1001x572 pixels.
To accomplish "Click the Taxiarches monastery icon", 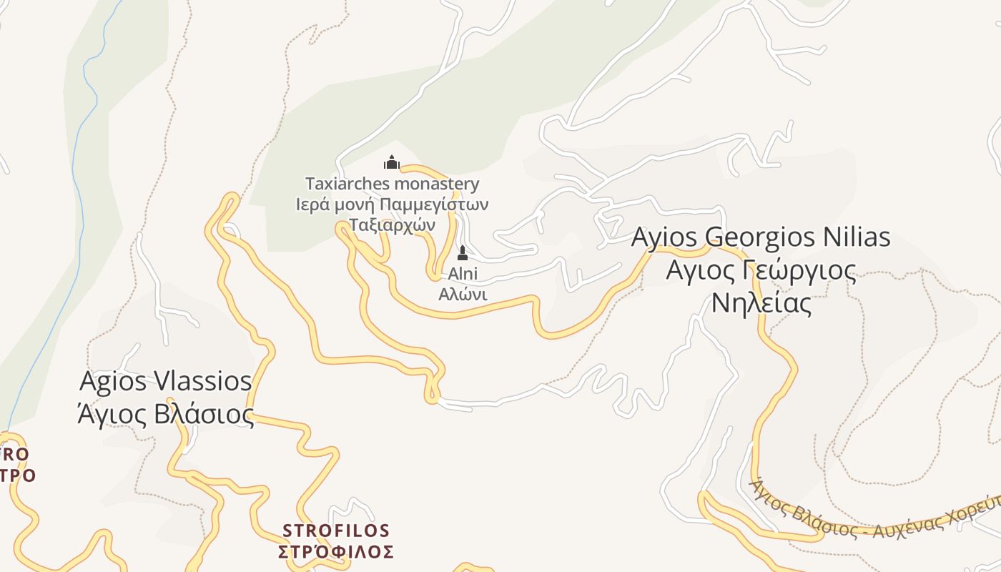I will point(391,162).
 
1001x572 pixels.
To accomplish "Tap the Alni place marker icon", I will point(463,253).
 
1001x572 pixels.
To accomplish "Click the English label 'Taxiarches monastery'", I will point(392,184).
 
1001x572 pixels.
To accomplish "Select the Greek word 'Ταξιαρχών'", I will point(392,224).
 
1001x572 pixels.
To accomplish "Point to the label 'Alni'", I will point(463,274).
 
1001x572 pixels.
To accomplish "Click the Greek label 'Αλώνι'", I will point(463,294).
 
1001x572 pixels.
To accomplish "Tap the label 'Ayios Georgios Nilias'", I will point(761,237).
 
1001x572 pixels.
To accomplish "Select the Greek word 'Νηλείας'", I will point(761,303).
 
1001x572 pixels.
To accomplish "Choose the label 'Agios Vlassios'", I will point(165,381).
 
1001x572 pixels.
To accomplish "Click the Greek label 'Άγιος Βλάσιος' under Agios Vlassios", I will point(165,414).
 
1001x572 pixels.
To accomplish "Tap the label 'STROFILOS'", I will point(336,531).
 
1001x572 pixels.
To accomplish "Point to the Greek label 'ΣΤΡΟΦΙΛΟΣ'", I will point(336,551).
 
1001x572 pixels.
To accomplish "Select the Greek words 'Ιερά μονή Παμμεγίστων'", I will point(392,204).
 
